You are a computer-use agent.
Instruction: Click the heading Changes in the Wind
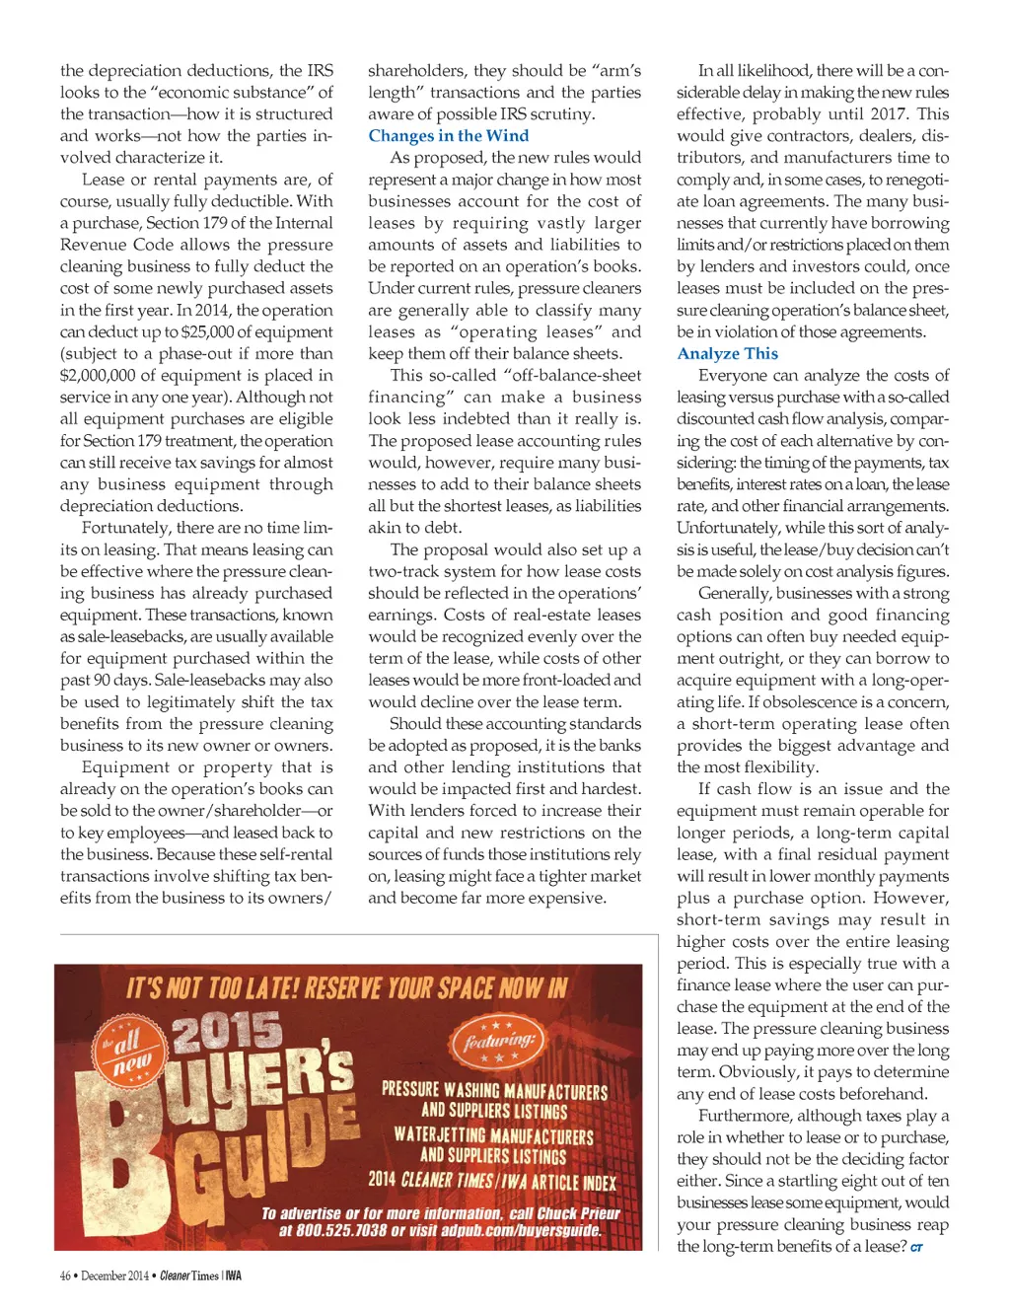tap(448, 136)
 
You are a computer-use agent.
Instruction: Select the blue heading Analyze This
tap(727, 353)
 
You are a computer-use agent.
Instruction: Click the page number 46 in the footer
tap(65, 1275)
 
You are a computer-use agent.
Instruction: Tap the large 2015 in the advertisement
tap(227, 1031)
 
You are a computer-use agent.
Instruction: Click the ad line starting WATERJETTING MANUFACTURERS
tap(493, 1135)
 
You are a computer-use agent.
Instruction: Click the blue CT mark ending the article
tap(916, 1248)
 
